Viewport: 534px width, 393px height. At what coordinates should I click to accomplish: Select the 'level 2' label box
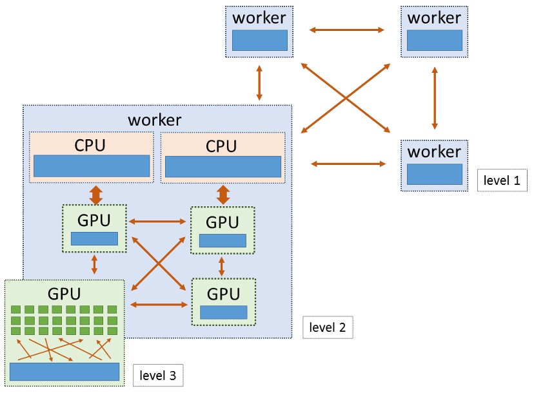328,327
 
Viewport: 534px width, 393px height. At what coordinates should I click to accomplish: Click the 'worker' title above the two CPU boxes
155,120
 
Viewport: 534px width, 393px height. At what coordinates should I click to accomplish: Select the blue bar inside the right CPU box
223,166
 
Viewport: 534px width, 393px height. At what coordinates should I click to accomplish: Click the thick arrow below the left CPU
95,194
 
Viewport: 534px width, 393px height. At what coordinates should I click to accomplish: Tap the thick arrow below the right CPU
223,194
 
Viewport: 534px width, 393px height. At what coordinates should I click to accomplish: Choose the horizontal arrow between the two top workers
346,30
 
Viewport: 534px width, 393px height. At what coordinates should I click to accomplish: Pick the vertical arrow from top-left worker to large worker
259,81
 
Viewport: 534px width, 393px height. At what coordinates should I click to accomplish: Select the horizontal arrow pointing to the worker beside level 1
348,164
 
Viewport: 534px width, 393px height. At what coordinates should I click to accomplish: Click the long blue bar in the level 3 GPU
64,372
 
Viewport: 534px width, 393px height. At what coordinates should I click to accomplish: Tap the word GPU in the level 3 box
64,294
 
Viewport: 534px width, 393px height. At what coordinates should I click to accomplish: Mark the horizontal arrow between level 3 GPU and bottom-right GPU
158,304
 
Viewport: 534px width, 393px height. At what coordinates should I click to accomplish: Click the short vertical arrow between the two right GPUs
222,265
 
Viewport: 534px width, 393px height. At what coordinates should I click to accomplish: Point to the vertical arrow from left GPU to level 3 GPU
95,264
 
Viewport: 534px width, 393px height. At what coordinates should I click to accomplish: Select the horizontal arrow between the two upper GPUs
157,222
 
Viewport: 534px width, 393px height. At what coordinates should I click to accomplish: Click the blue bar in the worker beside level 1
434,174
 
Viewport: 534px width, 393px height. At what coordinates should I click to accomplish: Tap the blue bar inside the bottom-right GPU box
223,312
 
